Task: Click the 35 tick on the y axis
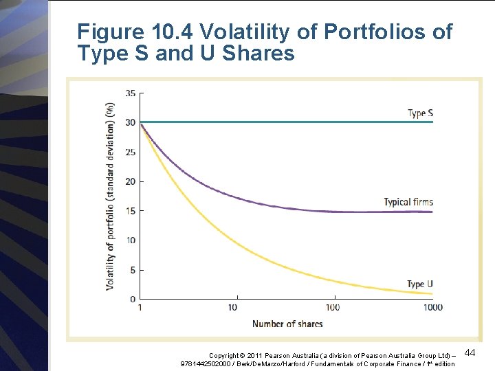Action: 131,93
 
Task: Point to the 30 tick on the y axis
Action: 131,123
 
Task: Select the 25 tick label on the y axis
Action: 131,153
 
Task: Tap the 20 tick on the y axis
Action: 131,181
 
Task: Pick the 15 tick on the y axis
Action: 131,211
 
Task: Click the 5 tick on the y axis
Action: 133,270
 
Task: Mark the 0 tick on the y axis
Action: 133,299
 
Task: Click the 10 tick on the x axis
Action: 232,307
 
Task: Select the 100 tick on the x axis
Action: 333,307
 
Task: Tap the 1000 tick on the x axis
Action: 432,307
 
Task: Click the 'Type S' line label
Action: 420,113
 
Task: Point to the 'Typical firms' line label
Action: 408,202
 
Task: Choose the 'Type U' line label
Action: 420,284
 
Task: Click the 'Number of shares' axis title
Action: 287,324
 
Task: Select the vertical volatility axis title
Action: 110,196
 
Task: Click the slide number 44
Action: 471,352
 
